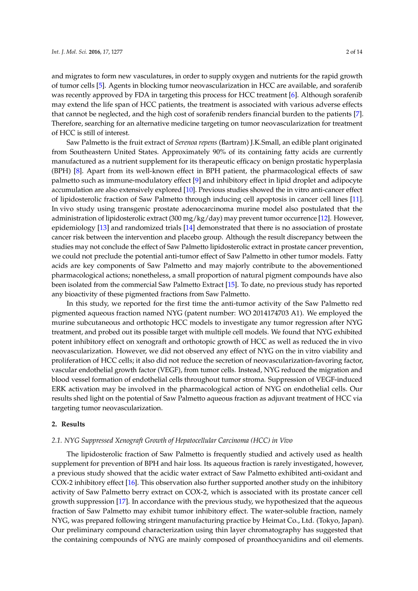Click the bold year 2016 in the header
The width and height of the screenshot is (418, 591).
(x=94, y=52)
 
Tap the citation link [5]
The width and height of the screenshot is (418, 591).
(x=100, y=86)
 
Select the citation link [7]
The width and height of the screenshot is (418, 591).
(x=358, y=114)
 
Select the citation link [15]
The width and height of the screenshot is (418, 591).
(x=231, y=285)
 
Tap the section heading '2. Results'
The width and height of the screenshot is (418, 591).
(x=68, y=424)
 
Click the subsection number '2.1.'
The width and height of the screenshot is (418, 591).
(x=57, y=441)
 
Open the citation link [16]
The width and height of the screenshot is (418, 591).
(x=131, y=483)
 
